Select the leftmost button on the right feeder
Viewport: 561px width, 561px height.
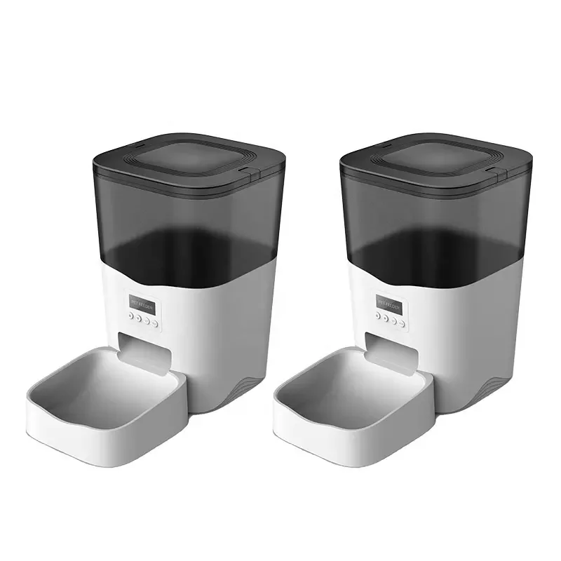coord(377,316)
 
